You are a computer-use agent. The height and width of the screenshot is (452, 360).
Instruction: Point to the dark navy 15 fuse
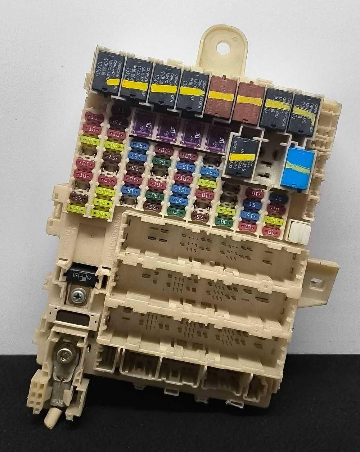pos(278,199)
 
